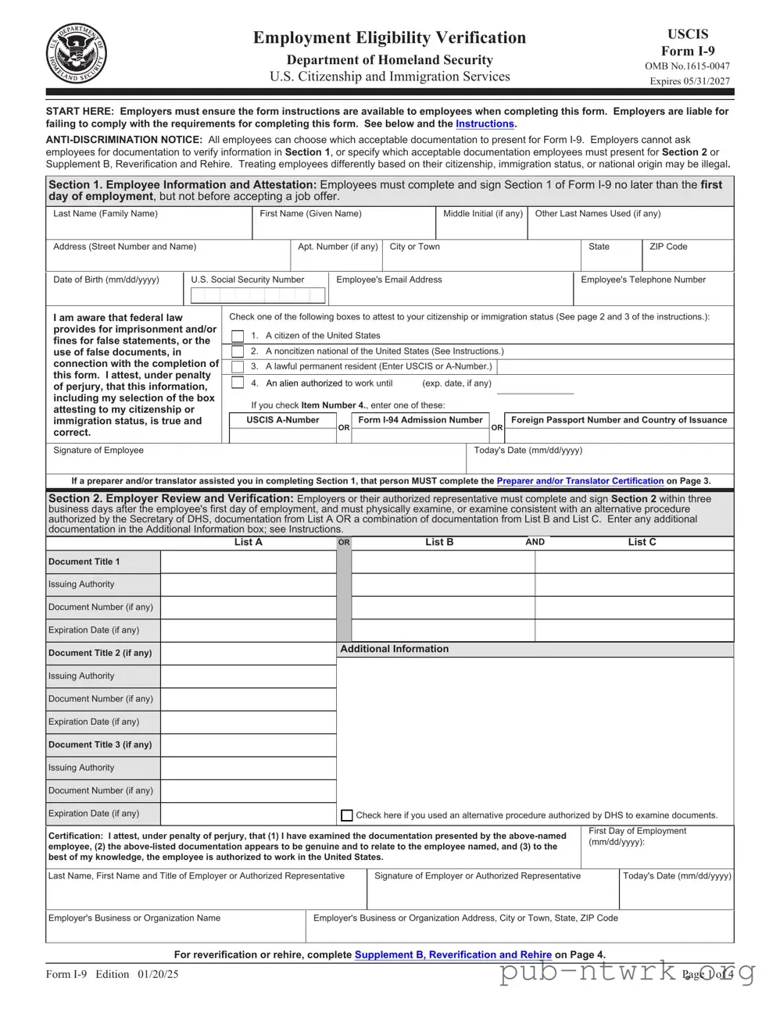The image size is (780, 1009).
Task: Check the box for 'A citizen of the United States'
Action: [x=238, y=336]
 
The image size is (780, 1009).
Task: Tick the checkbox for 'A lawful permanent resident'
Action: [x=238, y=366]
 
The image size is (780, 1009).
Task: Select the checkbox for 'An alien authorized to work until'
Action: [x=238, y=383]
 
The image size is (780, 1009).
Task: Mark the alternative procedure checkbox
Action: [x=347, y=815]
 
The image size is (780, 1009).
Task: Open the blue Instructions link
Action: [x=485, y=124]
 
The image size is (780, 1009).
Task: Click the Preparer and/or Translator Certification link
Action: [x=580, y=481]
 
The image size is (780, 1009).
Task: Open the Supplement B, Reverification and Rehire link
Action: [x=453, y=954]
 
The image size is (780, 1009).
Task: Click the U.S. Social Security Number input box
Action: [x=257, y=295]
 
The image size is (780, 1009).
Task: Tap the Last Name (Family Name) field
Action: [x=148, y=227]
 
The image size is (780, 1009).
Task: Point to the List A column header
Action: [x=249, y=542]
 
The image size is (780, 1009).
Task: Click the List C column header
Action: [x=642, y=542]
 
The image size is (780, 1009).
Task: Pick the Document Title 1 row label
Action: [x=84, y=562]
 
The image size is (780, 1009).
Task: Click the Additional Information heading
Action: [x=395, y=649]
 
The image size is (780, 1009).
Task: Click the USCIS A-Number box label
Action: [x=283, y=420]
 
